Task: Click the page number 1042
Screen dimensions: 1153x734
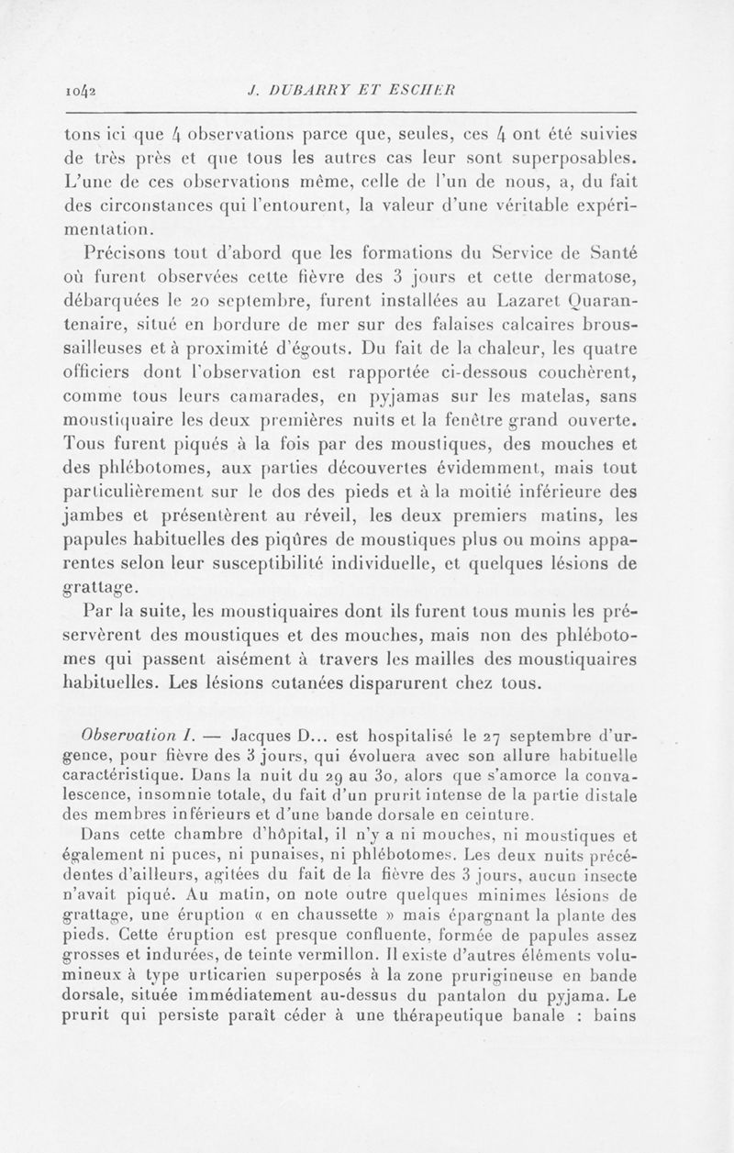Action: tap(83, 90)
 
